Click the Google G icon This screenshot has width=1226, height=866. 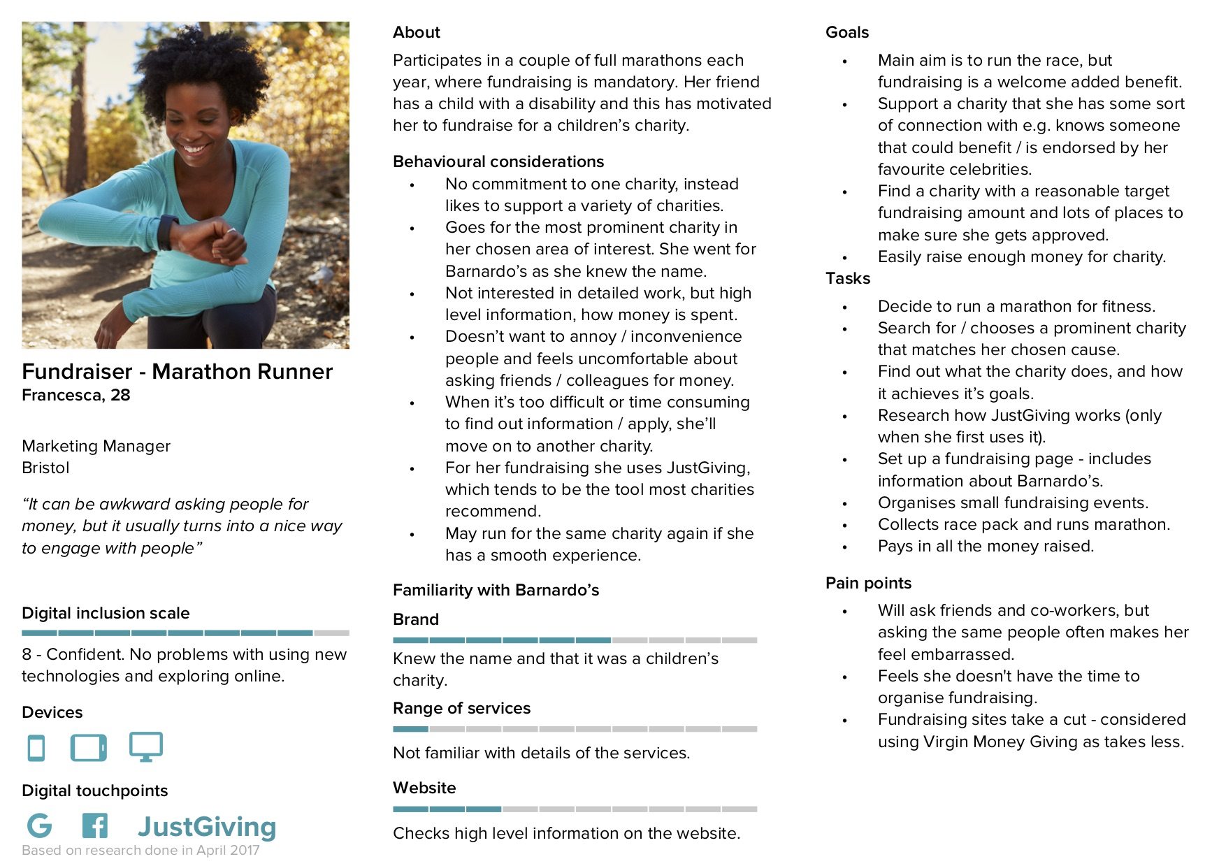[x=39, y=825]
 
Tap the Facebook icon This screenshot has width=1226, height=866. [x=95, y=825]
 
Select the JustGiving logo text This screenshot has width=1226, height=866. [x=207, y=827]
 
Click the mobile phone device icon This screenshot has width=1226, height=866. [x=36, y=747]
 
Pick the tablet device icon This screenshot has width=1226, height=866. [x=89, y=747]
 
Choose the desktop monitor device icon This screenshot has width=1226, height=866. [x=146, y=746]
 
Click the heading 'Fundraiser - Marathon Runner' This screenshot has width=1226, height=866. [x=177, y=371]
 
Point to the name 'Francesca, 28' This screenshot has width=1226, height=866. [x=76, y=395]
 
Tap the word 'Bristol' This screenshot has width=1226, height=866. [x=45, y=468]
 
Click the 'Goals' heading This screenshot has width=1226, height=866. [x=846, y=32]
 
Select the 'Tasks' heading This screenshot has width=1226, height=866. [x=847, y=278]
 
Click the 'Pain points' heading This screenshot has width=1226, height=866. [x=868, y=583]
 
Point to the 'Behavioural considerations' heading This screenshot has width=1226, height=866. [x=498, y=161]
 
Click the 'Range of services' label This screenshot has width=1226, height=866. [x=461, y=708]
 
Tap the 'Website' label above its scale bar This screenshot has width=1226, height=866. [x=424, y=788]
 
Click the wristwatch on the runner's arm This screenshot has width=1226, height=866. [x=167, y=232]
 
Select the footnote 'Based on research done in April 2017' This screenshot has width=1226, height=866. [x=140, y=851]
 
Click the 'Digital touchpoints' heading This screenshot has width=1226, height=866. [x=95, y=791]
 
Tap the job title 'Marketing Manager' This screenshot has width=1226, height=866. [x=96, y=446]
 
